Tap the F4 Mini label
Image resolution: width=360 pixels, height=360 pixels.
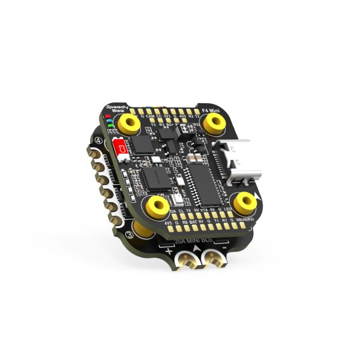(212, 106)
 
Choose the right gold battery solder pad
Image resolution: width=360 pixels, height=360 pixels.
(212, 260)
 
